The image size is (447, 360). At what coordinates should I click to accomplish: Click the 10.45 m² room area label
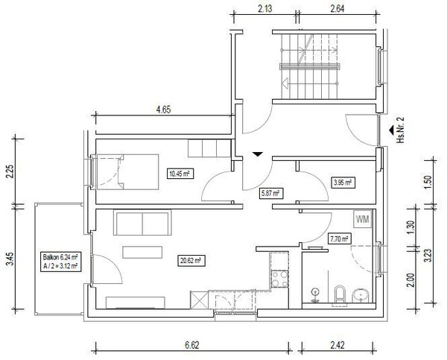[180, 174]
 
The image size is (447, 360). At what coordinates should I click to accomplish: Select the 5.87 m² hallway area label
[270, 193]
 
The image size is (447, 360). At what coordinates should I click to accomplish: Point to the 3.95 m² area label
[343, 183]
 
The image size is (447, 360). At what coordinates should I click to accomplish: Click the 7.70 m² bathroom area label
[339, 239]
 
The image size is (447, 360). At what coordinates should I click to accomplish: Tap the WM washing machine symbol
[363, 219]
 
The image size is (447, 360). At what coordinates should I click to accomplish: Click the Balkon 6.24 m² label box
[60, 262]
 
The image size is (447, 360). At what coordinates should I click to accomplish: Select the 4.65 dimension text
[163, 110]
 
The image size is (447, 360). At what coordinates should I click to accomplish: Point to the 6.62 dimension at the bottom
[191, 345]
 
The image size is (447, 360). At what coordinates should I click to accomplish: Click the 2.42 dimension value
[337, 345]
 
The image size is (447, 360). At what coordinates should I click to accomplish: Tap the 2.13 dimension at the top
[264, 9]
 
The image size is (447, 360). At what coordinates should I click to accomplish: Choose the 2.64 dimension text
[337, 9]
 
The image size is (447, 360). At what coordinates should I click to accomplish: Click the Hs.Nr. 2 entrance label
[401, 130]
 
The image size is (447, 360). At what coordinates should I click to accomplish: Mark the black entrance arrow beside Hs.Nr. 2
[391, 130]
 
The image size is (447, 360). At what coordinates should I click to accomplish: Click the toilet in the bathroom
[340, 294]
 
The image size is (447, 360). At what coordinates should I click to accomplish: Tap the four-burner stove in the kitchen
[279, 280]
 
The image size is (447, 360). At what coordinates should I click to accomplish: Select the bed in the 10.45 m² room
[127, 172]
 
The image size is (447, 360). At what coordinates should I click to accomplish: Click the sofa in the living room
[142, 223]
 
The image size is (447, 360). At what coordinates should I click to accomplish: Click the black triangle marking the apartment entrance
[258, 154]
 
